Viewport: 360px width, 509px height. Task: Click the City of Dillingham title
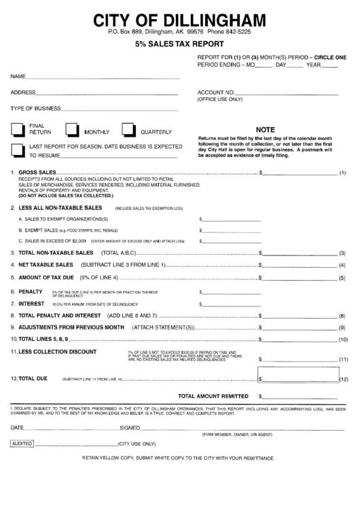[x=180, y=18]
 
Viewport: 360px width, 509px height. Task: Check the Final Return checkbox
[x=18, y=130]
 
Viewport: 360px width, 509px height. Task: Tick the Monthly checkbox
[x=73, y=130]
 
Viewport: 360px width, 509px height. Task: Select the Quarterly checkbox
[x=129, y=130]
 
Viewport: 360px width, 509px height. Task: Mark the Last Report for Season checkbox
[x=18, y=150]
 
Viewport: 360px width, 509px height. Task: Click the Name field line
[x=102, y=76]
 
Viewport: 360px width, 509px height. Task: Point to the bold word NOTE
[x=264, y=128]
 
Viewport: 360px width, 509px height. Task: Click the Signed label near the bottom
[x=129, y=427]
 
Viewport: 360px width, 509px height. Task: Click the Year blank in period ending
[x=329, y=66]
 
